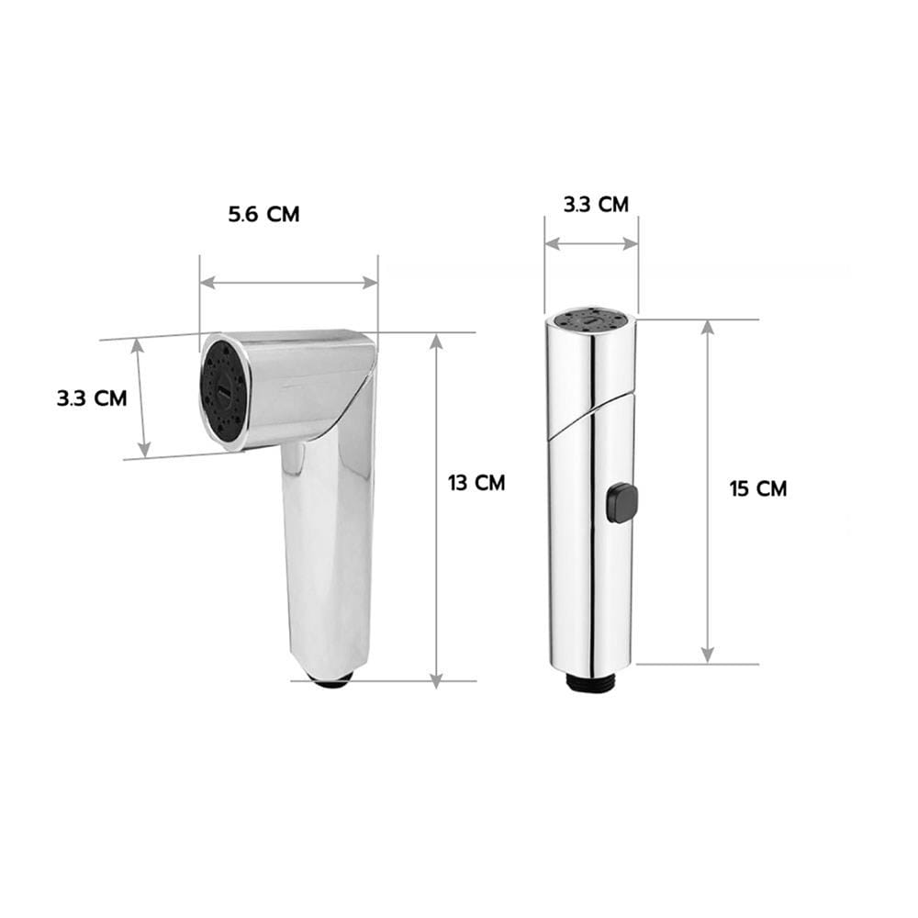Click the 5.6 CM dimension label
click(x=263, y=214)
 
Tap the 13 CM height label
click(x=476, y=483)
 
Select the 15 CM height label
click(x=758, y=488)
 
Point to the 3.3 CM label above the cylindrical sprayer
click(x=596, y=205)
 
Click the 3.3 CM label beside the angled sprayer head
click(x=92, y=398)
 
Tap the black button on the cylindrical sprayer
click(x=621, y=503)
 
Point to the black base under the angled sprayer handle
click(x=330, y=680)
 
